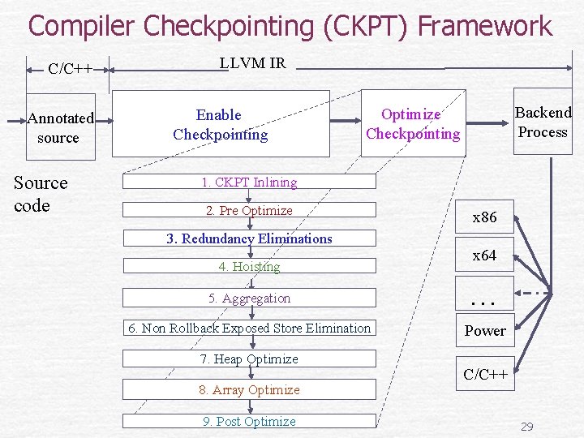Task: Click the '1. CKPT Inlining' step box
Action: click(x=249, y=182)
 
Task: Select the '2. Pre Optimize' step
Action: click(x=249, y=211)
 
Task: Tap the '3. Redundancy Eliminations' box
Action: click(x=249, y=238)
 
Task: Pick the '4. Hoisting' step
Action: click(x=249, y=266)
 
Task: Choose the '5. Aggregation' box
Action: click(x=249, y=298)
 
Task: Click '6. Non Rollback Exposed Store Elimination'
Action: click(x=249, y=328)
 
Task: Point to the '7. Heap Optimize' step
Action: click(x=249, y=359)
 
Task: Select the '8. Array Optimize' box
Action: click(x=249, y=390)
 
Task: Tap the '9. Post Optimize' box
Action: click(x=249, y=421)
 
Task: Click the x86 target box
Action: click(x=484, y=217)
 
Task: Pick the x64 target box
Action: click(x=484, y=255)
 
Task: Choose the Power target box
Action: click(x=484, y=331)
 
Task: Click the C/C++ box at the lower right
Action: click(x=485, y=374)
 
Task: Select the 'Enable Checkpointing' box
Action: click(x=220, y=124)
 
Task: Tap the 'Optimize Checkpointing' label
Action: click(x=412, y=124)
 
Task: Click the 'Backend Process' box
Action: click(x=543, y=122)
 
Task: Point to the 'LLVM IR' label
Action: click(x=253, y=63)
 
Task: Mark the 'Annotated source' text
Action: click(x=60, y=128)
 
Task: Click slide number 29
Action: click(x=526, y=427)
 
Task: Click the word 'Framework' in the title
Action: click(x=484, y=26)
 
